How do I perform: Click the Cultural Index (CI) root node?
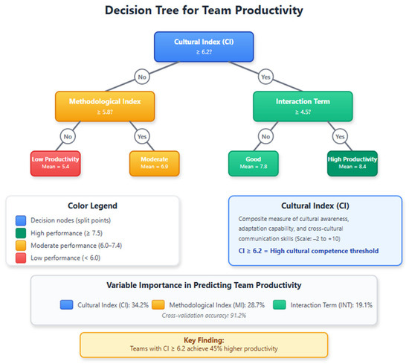click(204, 47)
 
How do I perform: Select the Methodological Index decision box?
click(105, 106)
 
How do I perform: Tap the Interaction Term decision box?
click(303, 106)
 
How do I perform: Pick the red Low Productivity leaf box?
click(55, 164)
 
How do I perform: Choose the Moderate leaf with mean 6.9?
click(155, 164)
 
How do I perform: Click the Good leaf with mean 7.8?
click(254, 164)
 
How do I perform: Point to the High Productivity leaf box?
click(352, 164)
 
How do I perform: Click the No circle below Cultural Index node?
click(142, 77)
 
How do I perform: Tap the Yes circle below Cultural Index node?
click(265, 77)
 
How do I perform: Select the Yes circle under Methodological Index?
click(142, 136)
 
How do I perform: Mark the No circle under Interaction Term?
click(265, 136)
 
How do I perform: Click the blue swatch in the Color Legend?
click(21, 220)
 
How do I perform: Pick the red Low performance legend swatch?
click(21, 258)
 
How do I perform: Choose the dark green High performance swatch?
click(21, 233)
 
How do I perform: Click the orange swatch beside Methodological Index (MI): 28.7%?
click(158, 304)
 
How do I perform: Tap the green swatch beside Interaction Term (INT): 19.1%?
click(280, 304)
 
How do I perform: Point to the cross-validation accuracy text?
click(204, 316)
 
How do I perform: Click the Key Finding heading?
click(204, 340)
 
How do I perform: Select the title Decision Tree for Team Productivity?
click(204, 10)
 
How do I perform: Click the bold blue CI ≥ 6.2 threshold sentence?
click(309, 251)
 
